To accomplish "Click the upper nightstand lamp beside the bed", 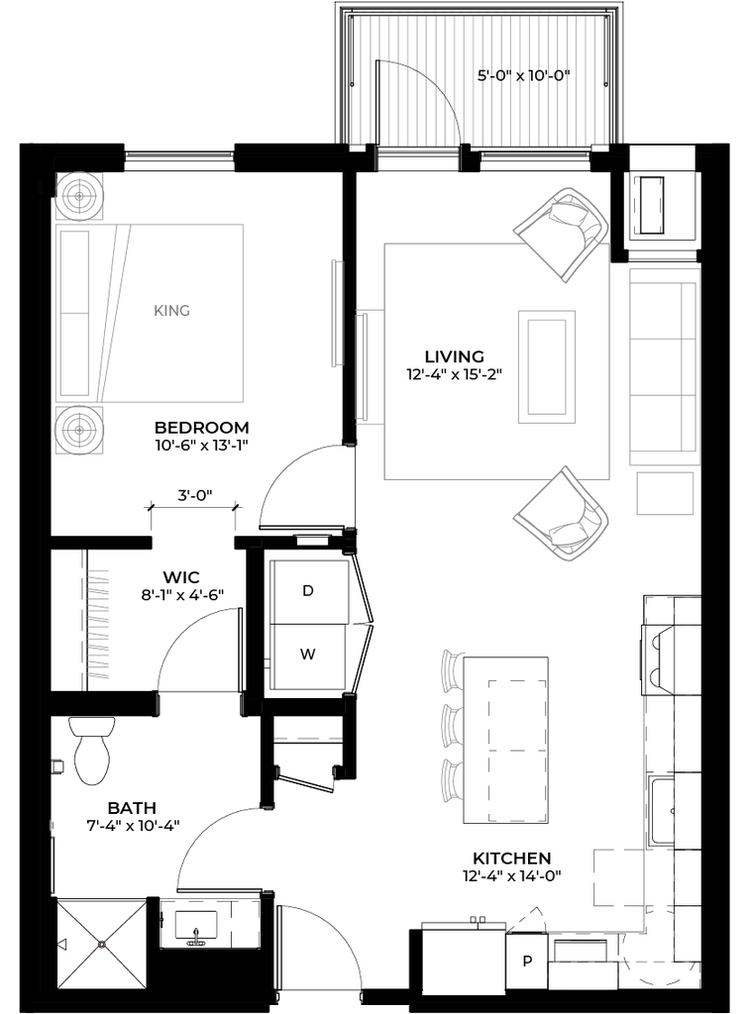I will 79,197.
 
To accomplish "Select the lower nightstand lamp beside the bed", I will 79,432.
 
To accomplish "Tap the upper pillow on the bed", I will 74,270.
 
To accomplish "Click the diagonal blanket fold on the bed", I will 112,312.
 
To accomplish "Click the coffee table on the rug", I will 547,366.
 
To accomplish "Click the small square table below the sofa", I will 665,493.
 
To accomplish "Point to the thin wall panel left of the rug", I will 337,313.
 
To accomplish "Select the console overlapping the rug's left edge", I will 369,366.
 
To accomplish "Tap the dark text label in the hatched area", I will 524,75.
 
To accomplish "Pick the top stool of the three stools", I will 453,669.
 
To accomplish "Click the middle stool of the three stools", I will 452,727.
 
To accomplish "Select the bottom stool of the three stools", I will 452,781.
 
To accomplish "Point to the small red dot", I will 102,945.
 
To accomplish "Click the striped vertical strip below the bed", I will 99,624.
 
